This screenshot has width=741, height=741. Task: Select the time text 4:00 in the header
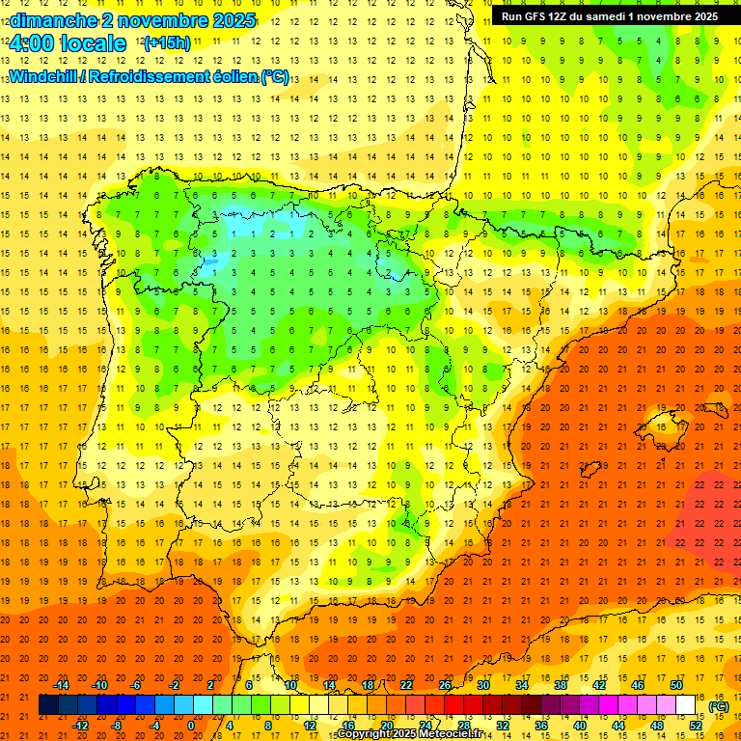[x=33, y=43]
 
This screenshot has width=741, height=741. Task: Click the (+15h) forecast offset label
[x=167, y=43]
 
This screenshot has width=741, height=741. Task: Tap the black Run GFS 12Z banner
[x=609, y=16]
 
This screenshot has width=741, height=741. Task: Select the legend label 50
[x=676, y=685]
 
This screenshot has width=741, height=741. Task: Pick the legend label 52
[x=696, y=726]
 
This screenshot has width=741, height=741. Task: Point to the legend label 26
[x=445, y=685]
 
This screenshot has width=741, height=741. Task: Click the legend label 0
[x=191, y=726]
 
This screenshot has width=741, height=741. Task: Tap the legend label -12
[x=80, y=726]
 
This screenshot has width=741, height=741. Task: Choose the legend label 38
[x=561, y=685]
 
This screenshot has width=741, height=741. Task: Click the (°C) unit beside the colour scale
[x=719, y=706]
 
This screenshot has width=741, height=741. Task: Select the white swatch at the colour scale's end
[x=686, y=705]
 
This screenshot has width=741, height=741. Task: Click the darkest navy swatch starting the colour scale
[x=49, y=705]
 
